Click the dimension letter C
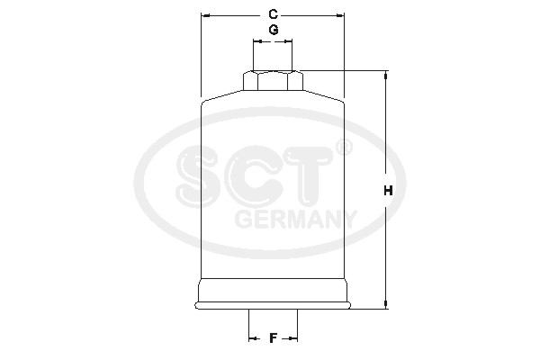point(273,14)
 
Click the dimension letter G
point(274,30)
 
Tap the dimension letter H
point(388,190)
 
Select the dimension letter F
point(273,338)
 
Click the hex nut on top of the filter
point(273,81)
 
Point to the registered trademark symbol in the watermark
point(344,148)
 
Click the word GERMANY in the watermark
point(295,219)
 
